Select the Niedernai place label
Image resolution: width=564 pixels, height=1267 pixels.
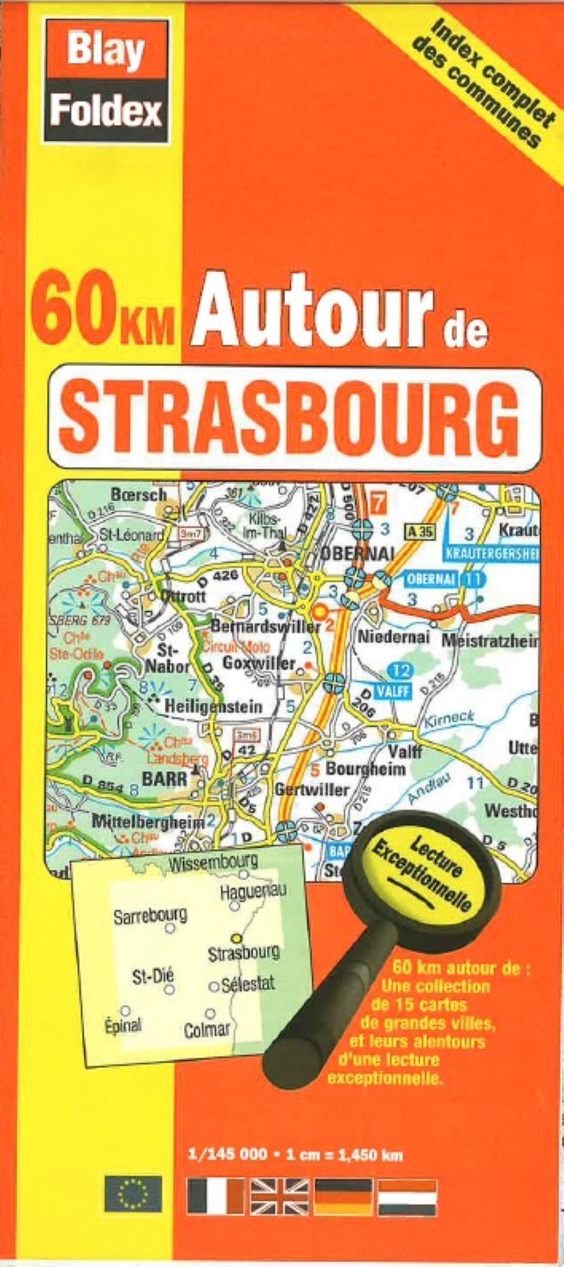click(x=392, y=638)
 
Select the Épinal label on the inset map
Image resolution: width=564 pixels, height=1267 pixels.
click(x=123, y=1024)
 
